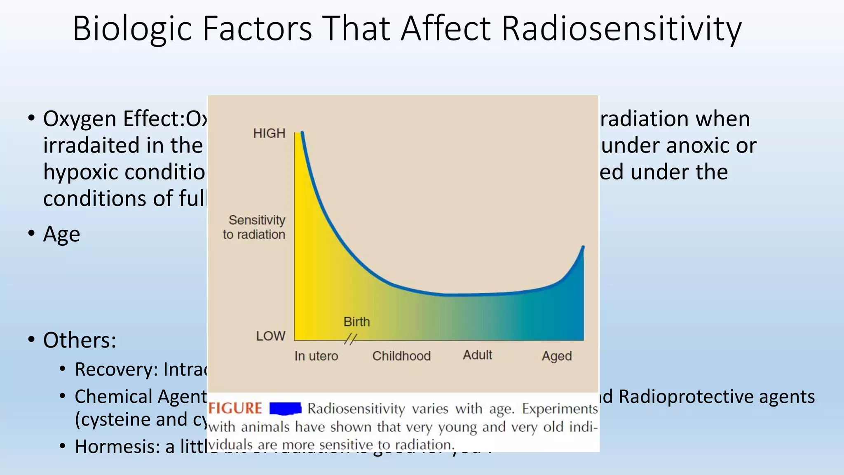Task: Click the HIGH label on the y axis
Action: (x=269, y=134)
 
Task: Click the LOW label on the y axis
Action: (x=271, y=336)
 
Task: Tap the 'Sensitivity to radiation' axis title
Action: (x=255, y=227)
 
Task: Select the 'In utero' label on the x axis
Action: (x=316, y=356)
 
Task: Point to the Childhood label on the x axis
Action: (x=401, y=356)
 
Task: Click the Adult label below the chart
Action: (x=477, y=355)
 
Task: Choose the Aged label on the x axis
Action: (x=556, y=356)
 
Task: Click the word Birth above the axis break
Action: (x=356, y=322)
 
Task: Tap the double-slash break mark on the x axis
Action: (x=350, y=339)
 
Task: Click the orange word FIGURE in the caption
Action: (x=235, y=409)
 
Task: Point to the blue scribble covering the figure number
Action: (x=285, y=409)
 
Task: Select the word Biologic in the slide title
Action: (x=132, y=29)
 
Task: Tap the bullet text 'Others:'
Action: (x=80, y=340)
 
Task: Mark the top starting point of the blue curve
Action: (x=302, y=133)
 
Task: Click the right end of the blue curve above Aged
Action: (x=583, y=247)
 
